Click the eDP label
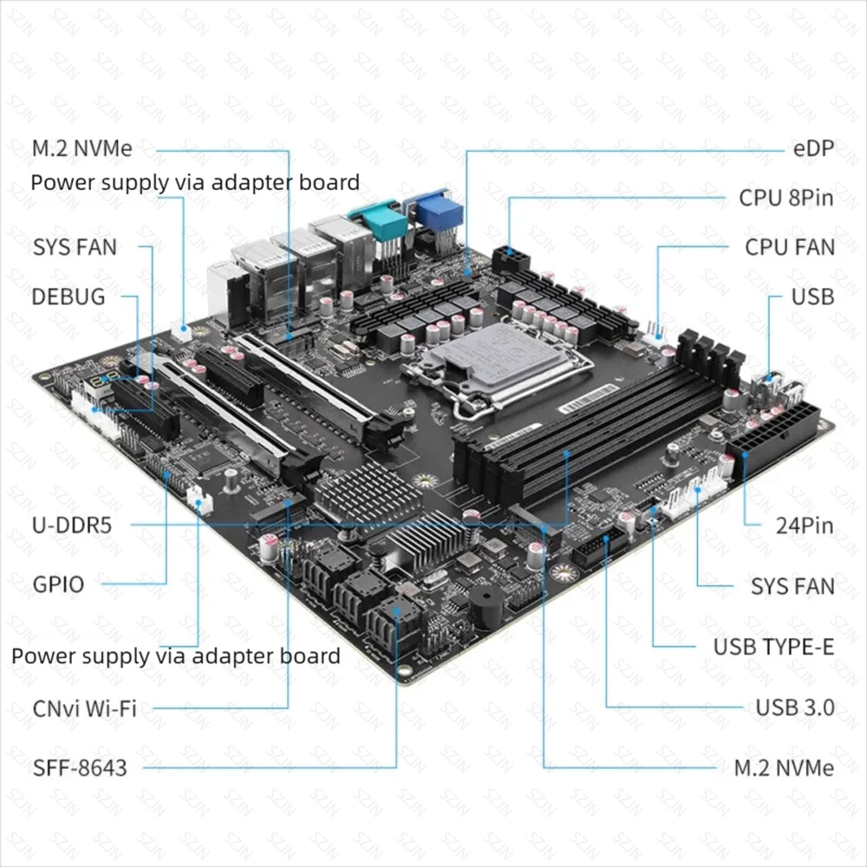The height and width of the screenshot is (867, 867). point(812,148)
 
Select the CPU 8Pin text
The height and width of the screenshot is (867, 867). point(786,198)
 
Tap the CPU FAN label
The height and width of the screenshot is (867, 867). point(789,247)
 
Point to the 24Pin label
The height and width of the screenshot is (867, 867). point(803,525)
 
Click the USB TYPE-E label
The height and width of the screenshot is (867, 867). point(773,647)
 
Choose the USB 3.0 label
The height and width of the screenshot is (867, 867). point(794,707)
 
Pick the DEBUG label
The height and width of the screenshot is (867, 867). point(68,297)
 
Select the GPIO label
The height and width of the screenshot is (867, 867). point(58,584)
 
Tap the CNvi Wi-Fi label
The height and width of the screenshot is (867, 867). point(84,708)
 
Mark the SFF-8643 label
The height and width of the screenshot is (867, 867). point(80,767)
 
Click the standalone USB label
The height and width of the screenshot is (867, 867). point(812,297)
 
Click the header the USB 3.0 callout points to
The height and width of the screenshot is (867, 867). point(598,550)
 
